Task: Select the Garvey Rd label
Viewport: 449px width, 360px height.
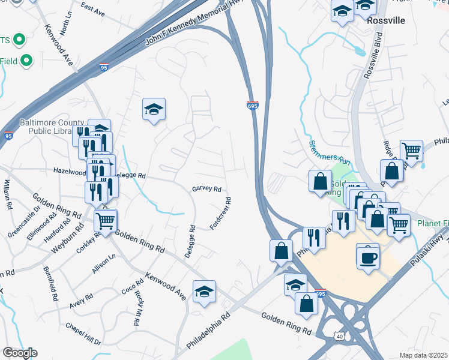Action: pyautogui.click(x=206, y=188)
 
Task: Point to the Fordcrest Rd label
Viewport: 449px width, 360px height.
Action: pyautogui.click(x=221, y=214)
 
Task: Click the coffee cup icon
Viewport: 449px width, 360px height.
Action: pyautogui.click(x=367, y=257)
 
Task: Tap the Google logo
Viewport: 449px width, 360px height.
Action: pyautogui.click(x=19, y=353)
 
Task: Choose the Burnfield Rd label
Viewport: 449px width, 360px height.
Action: pyautogui.click(x=53, y=286)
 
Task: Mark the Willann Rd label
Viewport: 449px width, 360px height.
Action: pyautogui.click(x=7, y=194)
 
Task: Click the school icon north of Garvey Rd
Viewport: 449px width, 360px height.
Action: pyautogui.click(x=154, y=110)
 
